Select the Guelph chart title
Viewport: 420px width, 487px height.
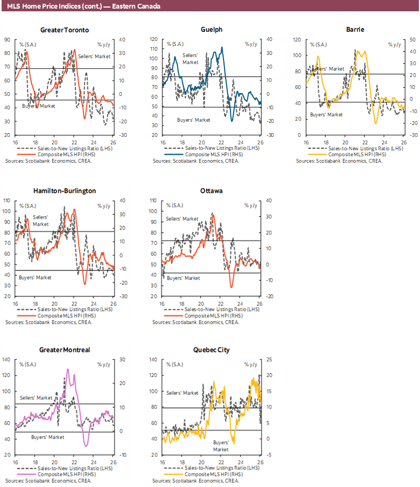coord(212,30)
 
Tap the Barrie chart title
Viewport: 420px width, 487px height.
coord(355,30)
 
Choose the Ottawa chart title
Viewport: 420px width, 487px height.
coord(212,191)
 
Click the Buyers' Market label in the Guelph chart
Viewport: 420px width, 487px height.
coord(193,119)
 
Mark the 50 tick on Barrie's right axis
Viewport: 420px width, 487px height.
coord(412,39)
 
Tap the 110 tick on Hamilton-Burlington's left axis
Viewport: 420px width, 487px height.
coord(8,200)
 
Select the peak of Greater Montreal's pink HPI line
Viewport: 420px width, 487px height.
coord(68,370)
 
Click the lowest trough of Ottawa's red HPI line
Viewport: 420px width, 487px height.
coord(232,287)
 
